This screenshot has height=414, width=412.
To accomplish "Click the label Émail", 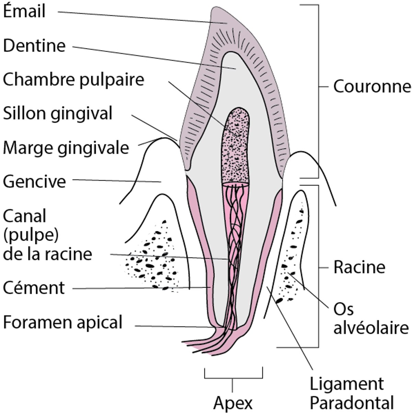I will (x=24, y=11).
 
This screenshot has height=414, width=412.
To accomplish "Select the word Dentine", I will (x=34, y=46).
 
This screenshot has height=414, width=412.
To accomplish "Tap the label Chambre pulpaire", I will (x=73, y=80).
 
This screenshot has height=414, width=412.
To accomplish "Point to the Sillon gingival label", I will (x=58, y=113).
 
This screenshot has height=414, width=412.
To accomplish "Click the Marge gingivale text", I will (x=66, y=148).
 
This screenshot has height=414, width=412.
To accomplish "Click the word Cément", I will (x=34, y=288).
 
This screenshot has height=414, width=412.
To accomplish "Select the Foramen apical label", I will (x=63, y=322).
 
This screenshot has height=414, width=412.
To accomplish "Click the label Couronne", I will (x=372, y=87).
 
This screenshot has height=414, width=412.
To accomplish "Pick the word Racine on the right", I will (x=359, y=267).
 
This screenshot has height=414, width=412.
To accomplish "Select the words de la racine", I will (x=47, y=254).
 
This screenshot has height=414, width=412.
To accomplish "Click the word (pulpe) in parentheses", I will (x=30, y=235).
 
